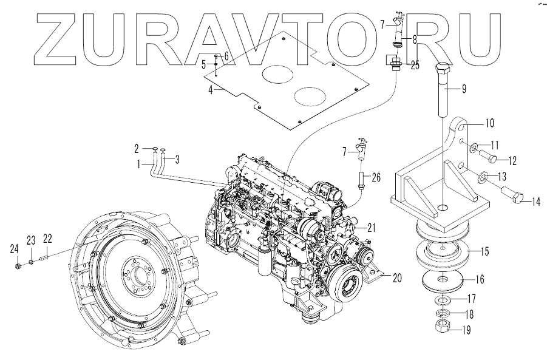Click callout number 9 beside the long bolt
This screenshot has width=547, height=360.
coord(464,89)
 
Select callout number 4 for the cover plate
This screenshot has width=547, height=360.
coord(211,89)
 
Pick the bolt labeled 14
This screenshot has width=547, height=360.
coord(515,198)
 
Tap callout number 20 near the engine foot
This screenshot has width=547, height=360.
coord(397,279)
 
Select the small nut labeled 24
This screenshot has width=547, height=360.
coord(18,265)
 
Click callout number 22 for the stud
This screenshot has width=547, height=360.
coord(47,238)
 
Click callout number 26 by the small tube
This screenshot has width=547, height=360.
coord(376,178)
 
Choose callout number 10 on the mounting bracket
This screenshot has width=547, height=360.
coord(489,123)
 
